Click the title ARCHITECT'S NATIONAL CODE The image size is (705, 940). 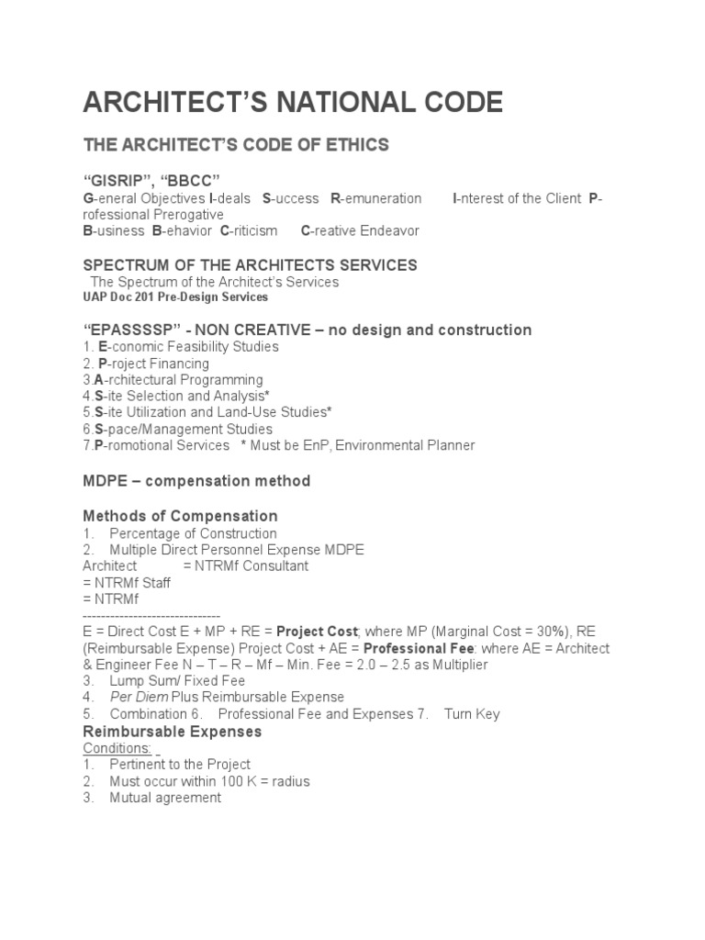click(x=293, y=103)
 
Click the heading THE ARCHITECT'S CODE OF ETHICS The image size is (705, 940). click(x=236, y=145)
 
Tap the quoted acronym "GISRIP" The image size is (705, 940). click(x=118, y=178)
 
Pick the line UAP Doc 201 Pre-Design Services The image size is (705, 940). click(x=175, y=297)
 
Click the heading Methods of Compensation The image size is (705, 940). click(x=180, y=516)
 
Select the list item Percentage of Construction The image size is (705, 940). click(x=193, y=533)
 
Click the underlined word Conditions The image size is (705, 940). click(x=117, y=748)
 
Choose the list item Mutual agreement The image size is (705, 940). click(x=165, y=798)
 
